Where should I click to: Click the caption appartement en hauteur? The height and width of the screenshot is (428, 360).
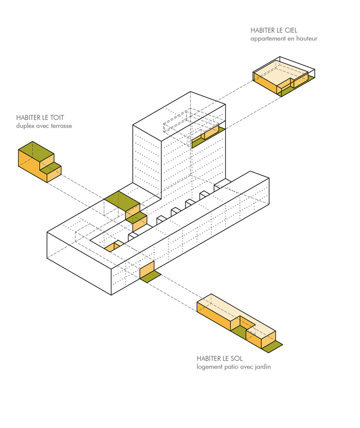pyautogui.click(x=283, y=39)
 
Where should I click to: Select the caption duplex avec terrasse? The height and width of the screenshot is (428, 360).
pyautogui.click(x=44, y=125)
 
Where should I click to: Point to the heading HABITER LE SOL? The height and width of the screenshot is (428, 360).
pyautogui.click(x=219, y=359)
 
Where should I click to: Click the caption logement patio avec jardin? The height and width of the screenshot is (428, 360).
pyautogui.click(x=233, y=367)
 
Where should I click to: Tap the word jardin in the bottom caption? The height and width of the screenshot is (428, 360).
pyautogui.click(x=261, y=367)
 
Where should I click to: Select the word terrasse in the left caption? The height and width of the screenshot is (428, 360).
pyautogui.click(x=60, y=125)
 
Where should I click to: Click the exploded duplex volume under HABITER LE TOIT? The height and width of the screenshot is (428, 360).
pyautogui.click(x=39, y=162)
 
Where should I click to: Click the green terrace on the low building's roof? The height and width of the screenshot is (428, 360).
pyautogui.click(x=121, y=201)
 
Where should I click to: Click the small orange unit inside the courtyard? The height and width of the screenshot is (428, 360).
pyautogui.click(x=113, y=246)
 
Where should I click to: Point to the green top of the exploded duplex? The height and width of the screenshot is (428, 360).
pyautogui.click(x=36, y=150)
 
